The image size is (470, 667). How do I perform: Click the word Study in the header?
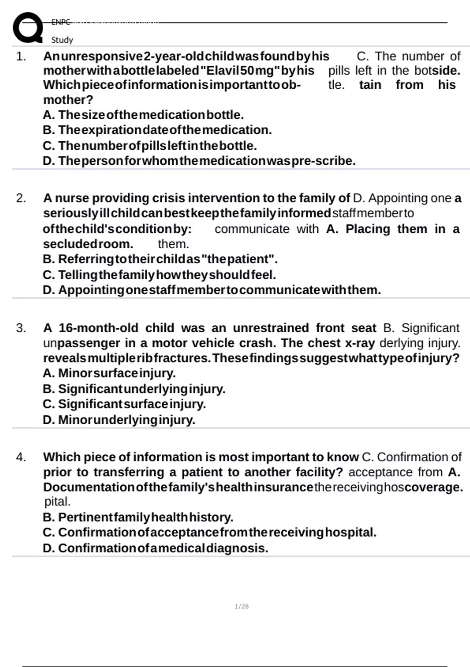click(62, 40)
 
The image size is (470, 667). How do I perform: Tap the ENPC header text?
click(61, 22)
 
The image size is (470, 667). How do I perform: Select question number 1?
click(21, 56)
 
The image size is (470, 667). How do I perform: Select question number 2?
click(21, 198)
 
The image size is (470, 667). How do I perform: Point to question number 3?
click(21, 328)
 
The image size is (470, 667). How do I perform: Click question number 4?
click(21, 457)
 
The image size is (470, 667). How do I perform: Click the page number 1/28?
click(242, 606)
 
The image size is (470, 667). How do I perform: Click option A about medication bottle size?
click(143, 115)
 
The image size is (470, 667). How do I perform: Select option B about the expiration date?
click(157, 130)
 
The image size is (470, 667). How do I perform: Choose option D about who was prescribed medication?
click(199, 161)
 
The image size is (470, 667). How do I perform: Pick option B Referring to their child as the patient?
click(160, 259)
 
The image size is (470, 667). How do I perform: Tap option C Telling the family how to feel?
click(159, 275)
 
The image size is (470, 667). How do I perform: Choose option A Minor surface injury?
click(109, 373)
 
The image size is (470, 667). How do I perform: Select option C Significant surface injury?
click(124, 404)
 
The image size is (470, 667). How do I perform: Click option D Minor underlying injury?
click(119, 420)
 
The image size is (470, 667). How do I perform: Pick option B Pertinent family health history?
click(138, 517)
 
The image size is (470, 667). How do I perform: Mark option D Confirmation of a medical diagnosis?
click(155, 548)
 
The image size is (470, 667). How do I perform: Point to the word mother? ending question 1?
click(68, 100)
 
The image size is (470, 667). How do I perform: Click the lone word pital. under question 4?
click(58, 501)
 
